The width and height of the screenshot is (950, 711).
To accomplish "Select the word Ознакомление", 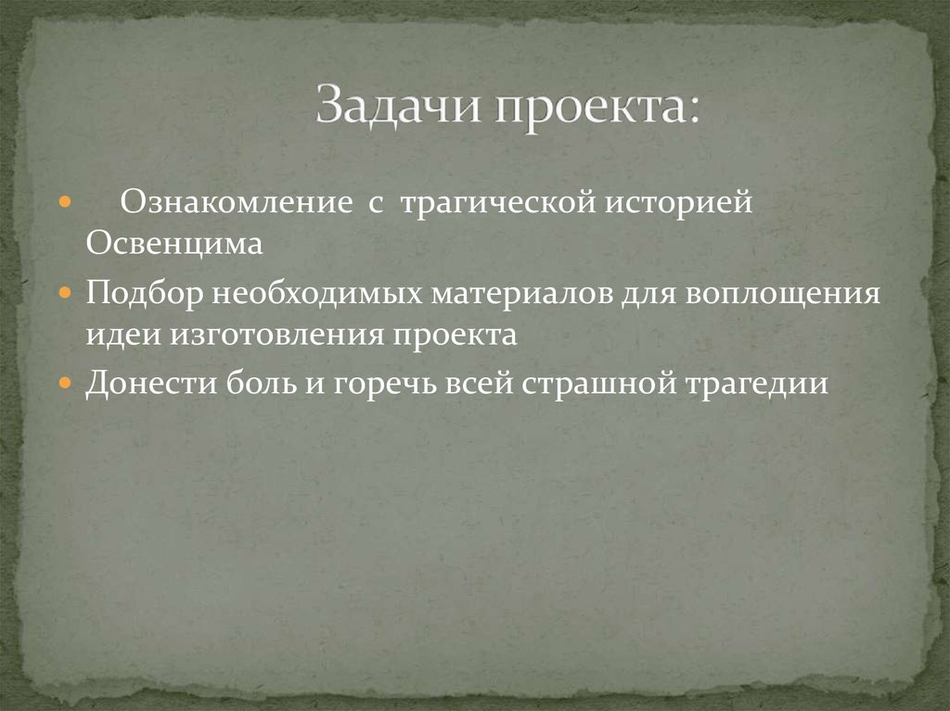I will tap(237, 202).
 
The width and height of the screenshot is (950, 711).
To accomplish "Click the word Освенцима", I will tap(174, 245).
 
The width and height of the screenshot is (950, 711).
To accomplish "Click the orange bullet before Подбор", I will tap(64, 292).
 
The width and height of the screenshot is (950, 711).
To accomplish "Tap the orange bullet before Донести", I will tap(64, 382).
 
